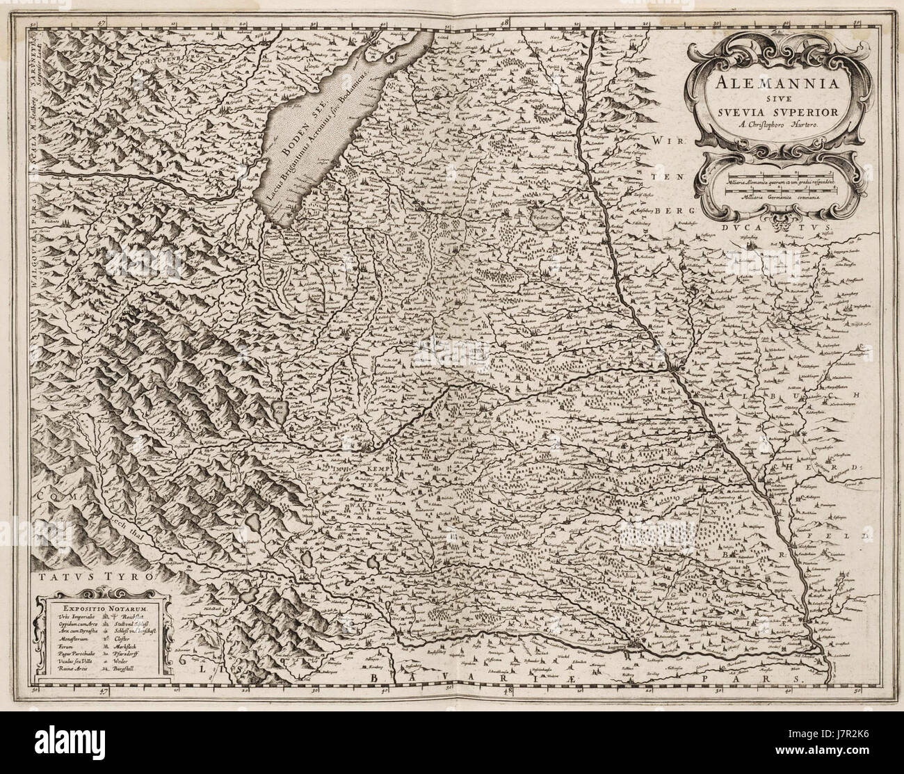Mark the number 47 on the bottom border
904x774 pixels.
(x=102, y=691)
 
